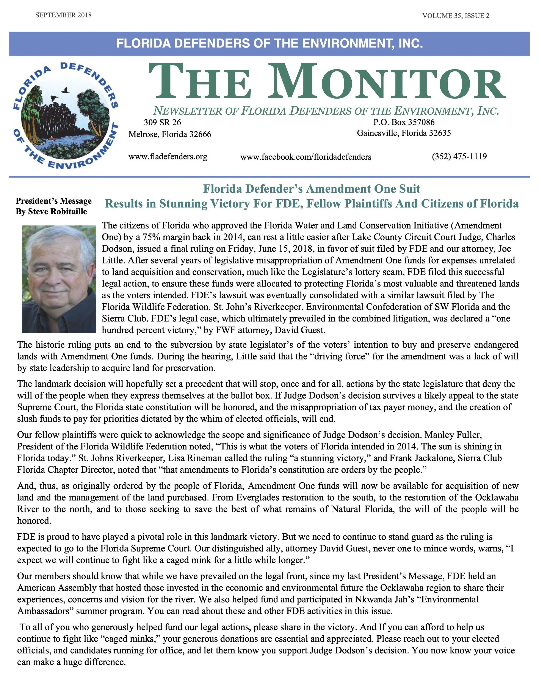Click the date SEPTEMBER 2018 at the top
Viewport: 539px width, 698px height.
coord(63,15)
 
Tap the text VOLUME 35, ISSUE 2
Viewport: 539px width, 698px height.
coord(456,16)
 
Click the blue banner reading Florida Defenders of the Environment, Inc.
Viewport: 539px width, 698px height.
coord(269,43)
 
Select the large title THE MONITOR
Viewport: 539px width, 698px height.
coord(326,82)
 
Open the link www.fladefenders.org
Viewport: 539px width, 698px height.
coord(168,157)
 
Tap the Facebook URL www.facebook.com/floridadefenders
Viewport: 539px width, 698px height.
coord(306,157)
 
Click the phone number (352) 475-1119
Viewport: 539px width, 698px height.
coord(459,156)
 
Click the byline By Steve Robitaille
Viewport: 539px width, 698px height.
coord(51,212)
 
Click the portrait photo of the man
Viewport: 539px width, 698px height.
coord(59,279)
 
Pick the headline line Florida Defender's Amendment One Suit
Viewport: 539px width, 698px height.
coord(312,189)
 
